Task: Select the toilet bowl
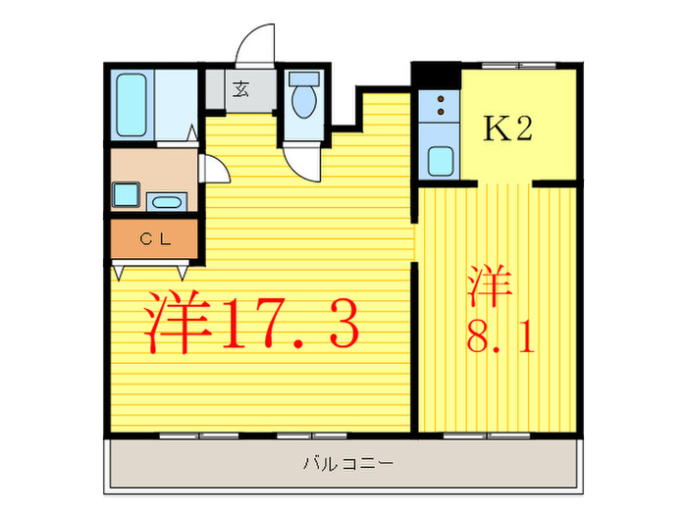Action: [x=304, y=100]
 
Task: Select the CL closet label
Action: [x=153, y=237]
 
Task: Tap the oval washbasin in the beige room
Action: [x=168, y=203]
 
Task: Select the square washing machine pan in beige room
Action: [x=126, y=194]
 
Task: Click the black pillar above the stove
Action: [x=435, y=75]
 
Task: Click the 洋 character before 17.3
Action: [x=180, y=323]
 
